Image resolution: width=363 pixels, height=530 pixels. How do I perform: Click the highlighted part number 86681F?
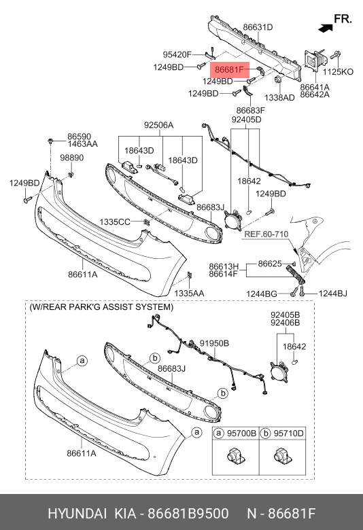(x=229, y=69)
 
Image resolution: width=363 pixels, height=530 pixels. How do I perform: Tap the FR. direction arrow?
(x=326, y=28)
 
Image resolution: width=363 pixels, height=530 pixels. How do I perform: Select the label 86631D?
(x=258, y=27)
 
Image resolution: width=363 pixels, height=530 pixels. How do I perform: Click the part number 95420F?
(x=177, y=54)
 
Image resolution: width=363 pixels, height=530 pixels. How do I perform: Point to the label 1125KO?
(x=338, y=71)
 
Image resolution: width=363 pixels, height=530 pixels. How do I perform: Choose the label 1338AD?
(x=279, y=97)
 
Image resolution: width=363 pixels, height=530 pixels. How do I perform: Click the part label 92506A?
(x=158, y=125)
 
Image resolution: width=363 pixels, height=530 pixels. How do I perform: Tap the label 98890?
(x=72, y=158)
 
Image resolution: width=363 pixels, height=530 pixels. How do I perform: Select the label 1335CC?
(x=115, y=222)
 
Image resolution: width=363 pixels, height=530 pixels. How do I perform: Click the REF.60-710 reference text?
(x=266, y=234)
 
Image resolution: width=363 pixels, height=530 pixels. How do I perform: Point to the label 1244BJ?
(x=333, y=294)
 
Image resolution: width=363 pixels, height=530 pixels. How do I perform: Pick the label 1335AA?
(x=189, y=294)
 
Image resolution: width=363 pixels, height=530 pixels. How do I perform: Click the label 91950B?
(x=214, y=343)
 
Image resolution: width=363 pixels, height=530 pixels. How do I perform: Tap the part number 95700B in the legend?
(x=241, y=433)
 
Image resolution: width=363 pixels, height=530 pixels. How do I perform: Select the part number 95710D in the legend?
(x=289, y=433)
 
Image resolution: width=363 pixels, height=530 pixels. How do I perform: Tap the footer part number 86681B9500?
(x=188, y=514)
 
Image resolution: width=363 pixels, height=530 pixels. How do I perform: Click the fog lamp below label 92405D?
(x=233, y=219)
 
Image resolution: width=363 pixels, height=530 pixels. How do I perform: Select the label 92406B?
(x=285, y=323)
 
